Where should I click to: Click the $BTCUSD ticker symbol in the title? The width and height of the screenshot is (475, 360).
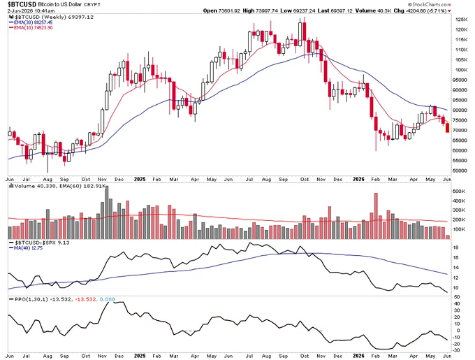(22, 4)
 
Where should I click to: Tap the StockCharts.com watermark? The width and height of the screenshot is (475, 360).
(430, 4)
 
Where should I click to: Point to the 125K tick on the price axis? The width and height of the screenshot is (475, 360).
(461, 20)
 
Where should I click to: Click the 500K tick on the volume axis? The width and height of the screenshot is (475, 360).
(459, 192)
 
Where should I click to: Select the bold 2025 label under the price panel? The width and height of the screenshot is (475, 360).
(140, 179)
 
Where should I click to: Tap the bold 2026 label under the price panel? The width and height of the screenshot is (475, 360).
(358, 179)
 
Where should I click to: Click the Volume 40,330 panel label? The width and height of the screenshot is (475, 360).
(34, 186)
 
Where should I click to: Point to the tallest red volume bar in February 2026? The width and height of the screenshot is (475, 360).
(376, 216)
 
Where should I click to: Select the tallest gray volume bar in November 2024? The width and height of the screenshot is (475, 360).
(106, 213)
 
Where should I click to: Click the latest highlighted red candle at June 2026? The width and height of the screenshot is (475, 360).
(448, 128)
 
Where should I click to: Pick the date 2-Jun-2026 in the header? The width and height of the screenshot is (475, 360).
(20, 11)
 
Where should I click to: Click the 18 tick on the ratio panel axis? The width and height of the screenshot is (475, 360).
(456, 247)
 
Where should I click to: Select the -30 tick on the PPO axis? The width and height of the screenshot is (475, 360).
(457, 351)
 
